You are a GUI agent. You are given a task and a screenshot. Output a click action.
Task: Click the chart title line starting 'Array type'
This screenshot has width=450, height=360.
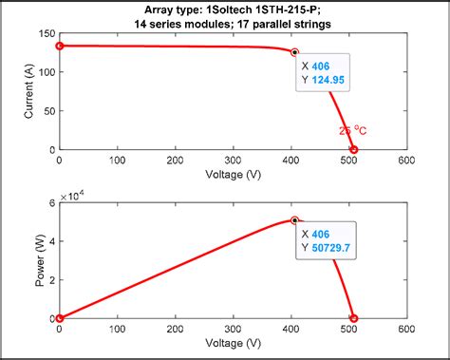pyautogui.click(x=233, y=9)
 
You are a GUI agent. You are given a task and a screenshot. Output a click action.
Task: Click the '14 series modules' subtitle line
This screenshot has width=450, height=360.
pyautogui.click(x=233, y=23)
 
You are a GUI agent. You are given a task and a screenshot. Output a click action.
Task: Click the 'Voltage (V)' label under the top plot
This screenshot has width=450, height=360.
pyautogui.click(x=233, y=174)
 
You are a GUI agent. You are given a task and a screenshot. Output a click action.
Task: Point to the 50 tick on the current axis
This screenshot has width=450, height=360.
pyautogui.click(x=47, y=111)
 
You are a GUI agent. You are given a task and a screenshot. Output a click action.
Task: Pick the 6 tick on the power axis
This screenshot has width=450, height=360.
pyautogui.click(x=51, y=202)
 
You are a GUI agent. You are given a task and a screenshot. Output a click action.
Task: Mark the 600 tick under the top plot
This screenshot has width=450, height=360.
pyautogui.click(x=406, y=161)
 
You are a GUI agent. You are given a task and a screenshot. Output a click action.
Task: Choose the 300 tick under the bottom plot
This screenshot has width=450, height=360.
pyautogui.click(x=233, y=330)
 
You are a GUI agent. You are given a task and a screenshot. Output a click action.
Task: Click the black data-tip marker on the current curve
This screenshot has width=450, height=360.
pyautogui.click(x=294, y=52)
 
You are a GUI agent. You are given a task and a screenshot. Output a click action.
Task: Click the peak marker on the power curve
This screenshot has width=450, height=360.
pyautogui.click(x=294, y=220)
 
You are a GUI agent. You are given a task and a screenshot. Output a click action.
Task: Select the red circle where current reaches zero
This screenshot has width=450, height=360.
pyautogui.click(x=354, y=149)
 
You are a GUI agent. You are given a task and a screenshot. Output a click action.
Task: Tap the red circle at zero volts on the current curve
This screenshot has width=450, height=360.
pyautogui.click(x=59, y=46)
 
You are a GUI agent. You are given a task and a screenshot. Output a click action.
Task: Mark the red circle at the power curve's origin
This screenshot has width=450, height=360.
pyautogui.click(x=59, y=318)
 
